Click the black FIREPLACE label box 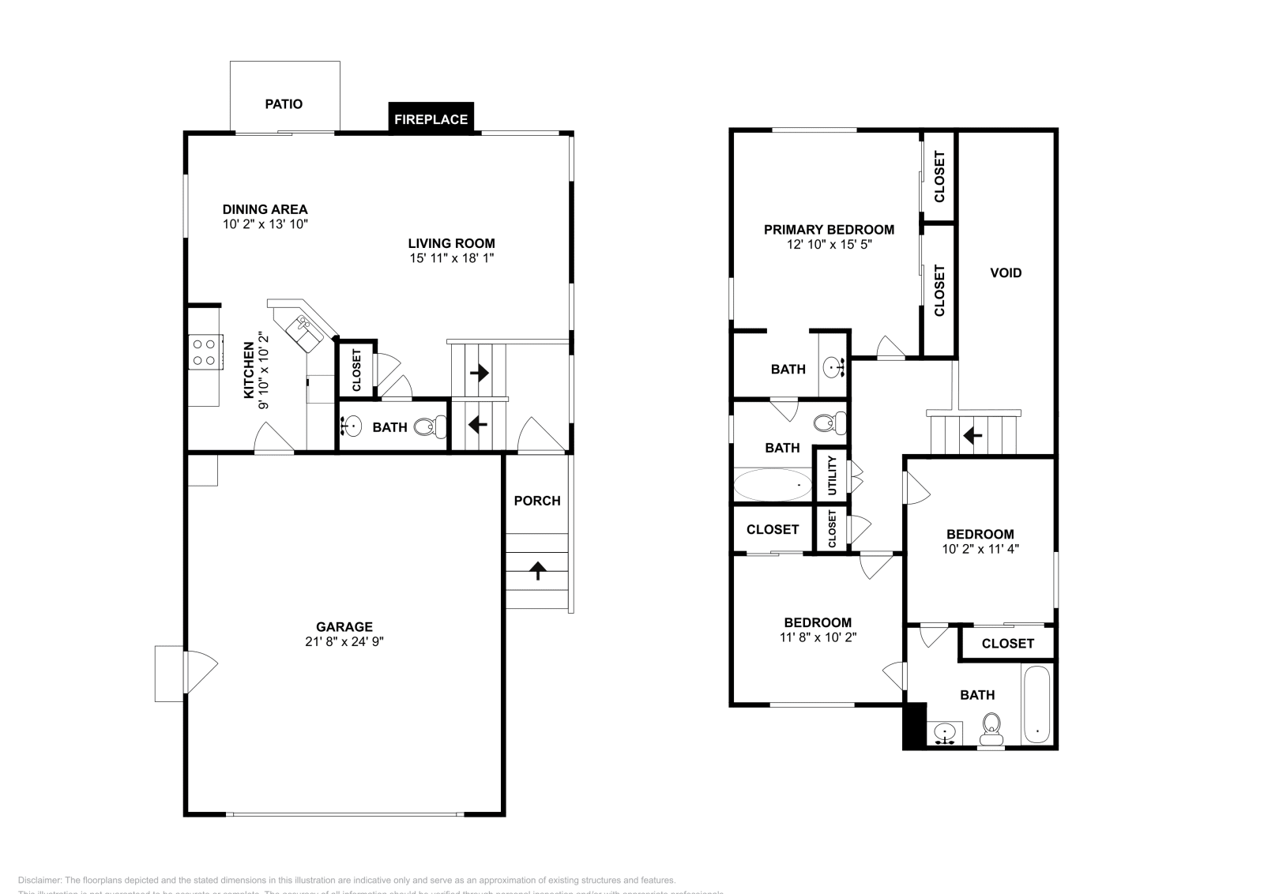tap(431, 119)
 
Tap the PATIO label tap(284, 103)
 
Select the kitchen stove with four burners tap(204, 351)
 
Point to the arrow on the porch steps tap(538, 570)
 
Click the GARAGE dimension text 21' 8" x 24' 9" tap(344, 641)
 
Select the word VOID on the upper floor tap(1006, 272)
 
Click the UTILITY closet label tap(832, 475)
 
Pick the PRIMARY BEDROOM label tap(829, 229)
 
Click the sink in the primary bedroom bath tap(834, 366)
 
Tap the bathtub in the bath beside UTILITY tap(772, 484)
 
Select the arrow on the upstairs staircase tap(972, 434)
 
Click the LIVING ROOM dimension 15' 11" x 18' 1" tap(451, 257)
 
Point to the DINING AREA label tap(265, 209)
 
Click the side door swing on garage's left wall tap(200, 672)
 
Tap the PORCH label tap(537, 501)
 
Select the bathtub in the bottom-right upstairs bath tap(1036, 704)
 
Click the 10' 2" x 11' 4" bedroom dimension tap(980, 548)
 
